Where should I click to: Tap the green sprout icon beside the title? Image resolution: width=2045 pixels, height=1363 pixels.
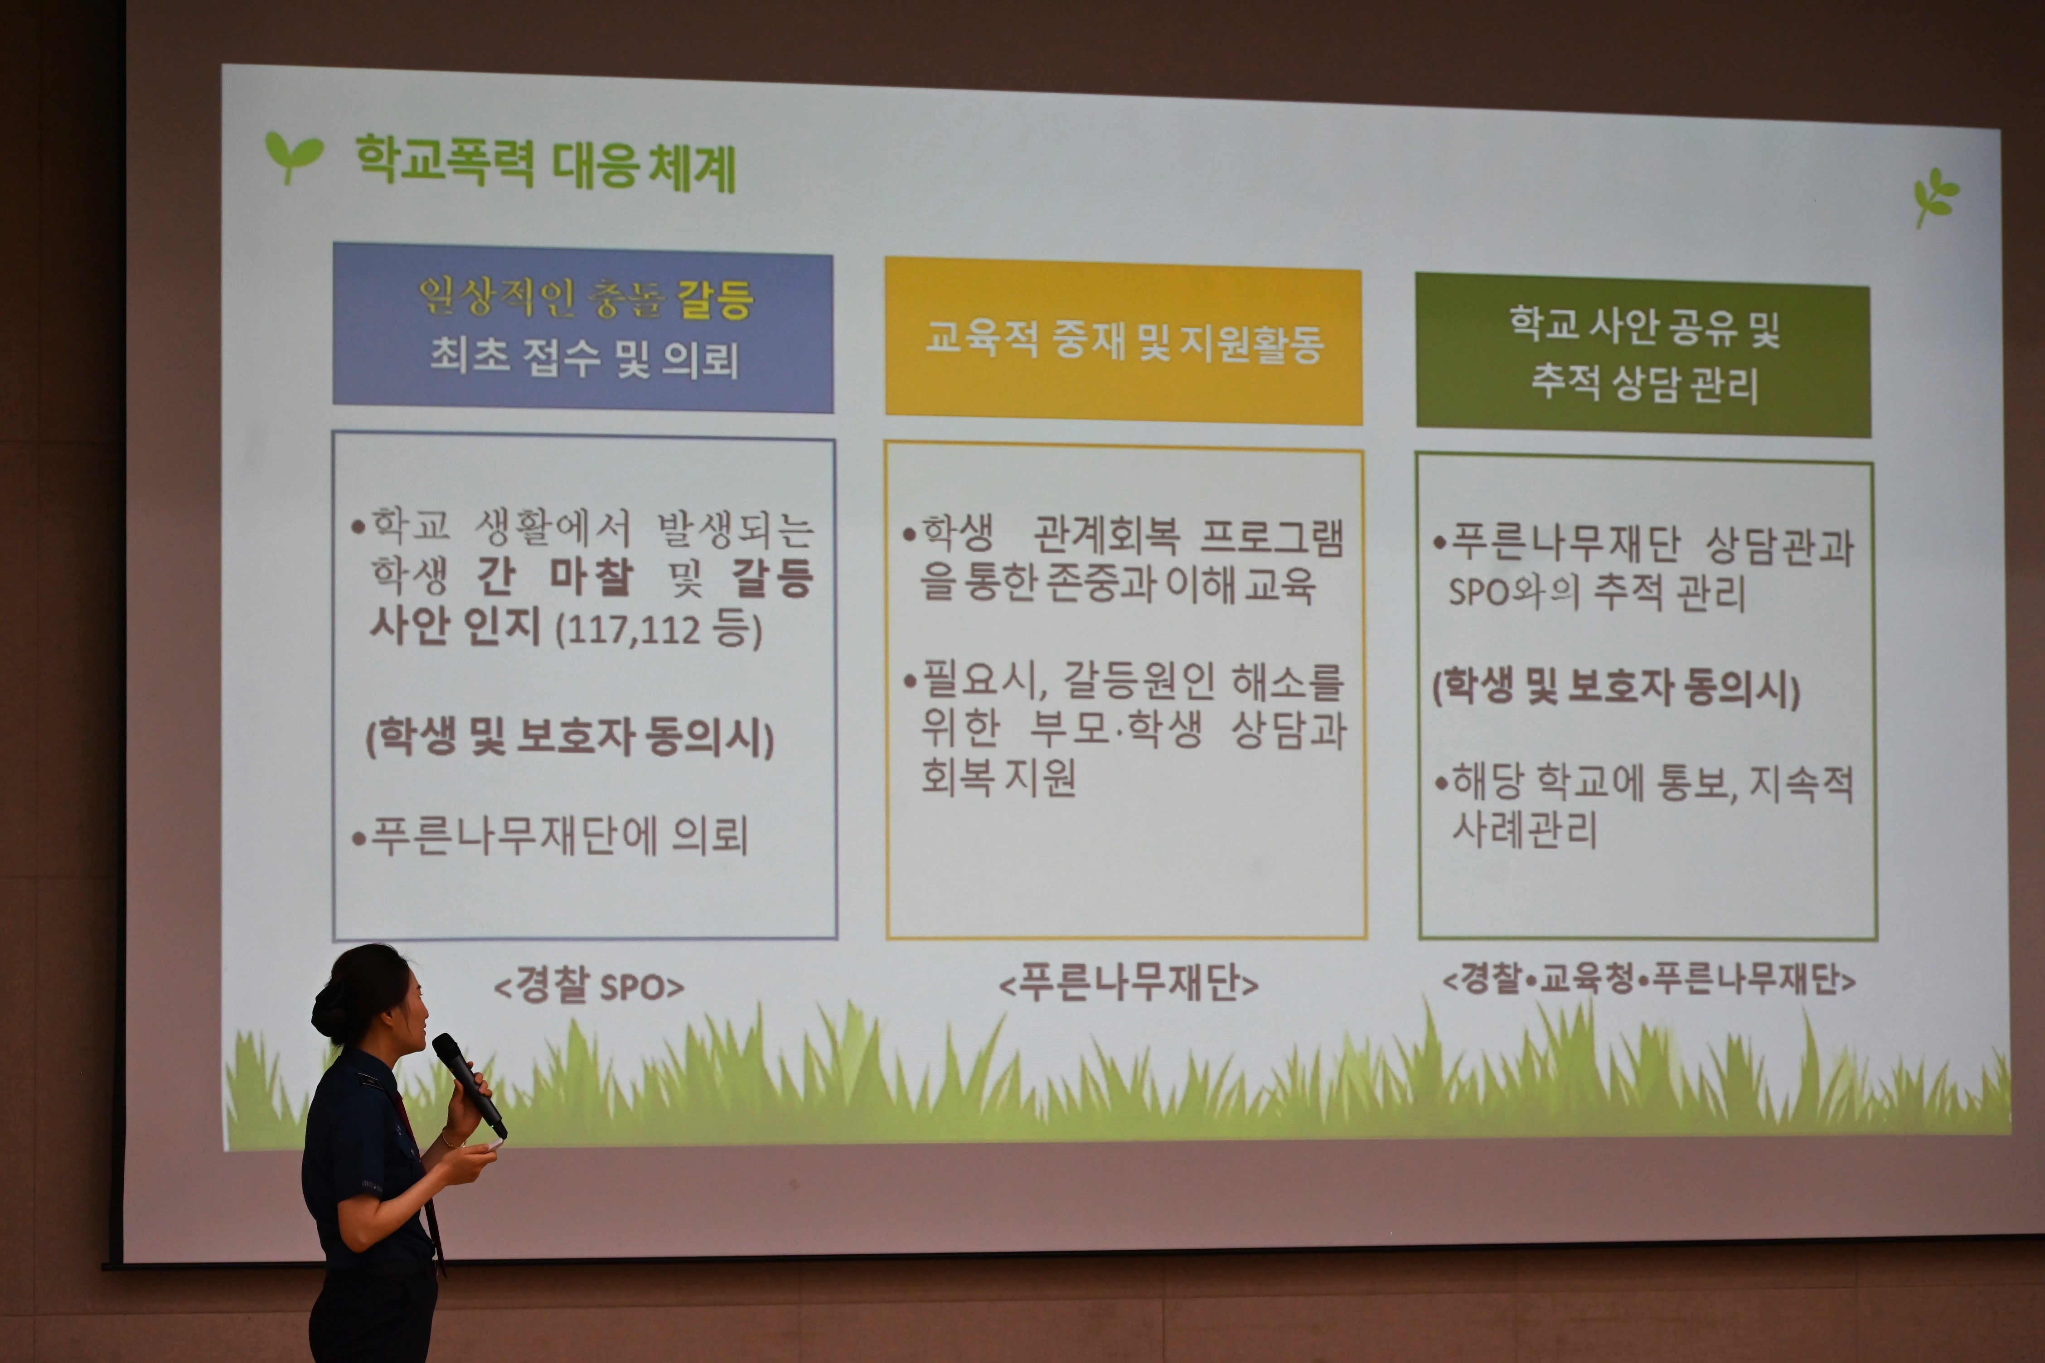pyautogui.click(x=293, y=156)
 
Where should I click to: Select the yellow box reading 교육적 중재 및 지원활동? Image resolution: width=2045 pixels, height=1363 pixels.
pyautogui.click(x=1124, y=342)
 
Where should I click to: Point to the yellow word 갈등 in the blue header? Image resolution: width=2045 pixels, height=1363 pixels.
pyautogui.click(x=715, y=300)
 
